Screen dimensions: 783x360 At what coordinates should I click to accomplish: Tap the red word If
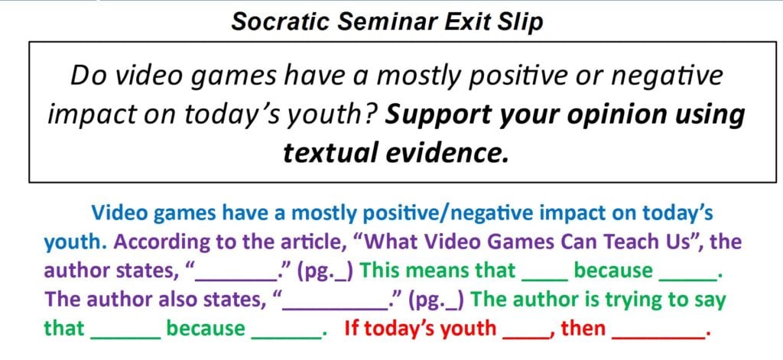coord(351,329)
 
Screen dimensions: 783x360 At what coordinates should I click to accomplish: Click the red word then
coord(583,329)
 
